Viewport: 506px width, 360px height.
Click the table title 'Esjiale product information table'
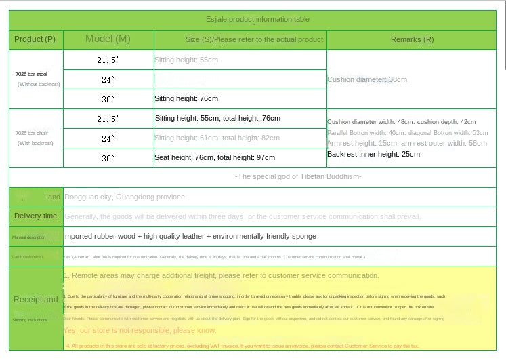[257, 20]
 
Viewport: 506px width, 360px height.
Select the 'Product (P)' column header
[35, 39]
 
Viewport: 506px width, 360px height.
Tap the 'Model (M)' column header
[108, 39]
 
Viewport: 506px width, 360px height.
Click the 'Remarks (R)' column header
[413, 39]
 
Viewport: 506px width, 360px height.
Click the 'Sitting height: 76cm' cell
[186, 99]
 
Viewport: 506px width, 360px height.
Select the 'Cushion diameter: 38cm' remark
[367, 79]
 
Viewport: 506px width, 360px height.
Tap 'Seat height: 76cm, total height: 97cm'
[215, 157]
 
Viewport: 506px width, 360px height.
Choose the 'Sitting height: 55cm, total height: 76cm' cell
[217, 119]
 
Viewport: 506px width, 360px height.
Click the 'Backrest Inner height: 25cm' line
[373, 154]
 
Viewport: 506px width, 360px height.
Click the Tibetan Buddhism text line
[298, 177]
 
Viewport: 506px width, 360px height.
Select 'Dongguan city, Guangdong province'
[124, 197]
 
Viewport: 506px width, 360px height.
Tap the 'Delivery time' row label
[36, 216]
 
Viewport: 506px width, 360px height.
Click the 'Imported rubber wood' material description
[190, 236]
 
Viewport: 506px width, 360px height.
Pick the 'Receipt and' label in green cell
[36, 299]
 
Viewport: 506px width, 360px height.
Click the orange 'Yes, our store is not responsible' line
[140, 330]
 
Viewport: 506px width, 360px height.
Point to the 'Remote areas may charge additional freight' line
[221, 276]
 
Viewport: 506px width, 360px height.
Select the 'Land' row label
[52, 197]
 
